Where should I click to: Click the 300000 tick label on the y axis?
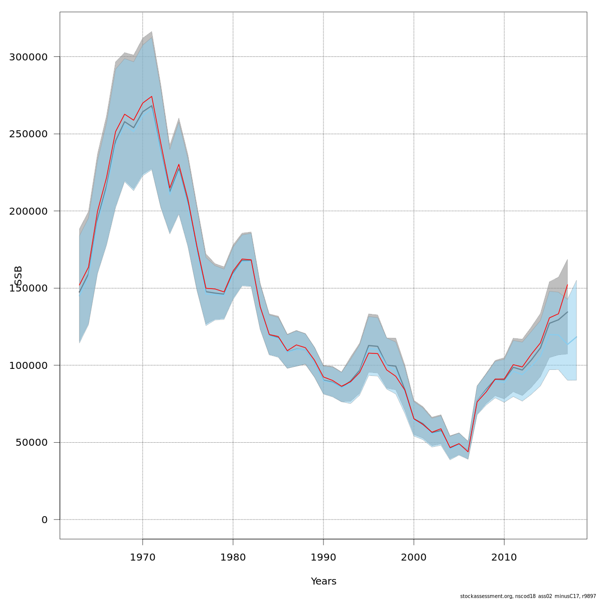pyautogui.click(x=28, y=57)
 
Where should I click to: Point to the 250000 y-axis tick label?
pyautogui.click(x=28, y=134)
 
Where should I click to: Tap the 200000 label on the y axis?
pyautogui.click(x=28, y=211)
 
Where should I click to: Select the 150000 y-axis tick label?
pyautogui.click(x=28, y=289)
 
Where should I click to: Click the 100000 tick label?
pyautogui.click(x=28, y=365)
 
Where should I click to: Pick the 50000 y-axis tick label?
pyautogui.click(x=31, y=443)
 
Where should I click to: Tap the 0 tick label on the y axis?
pyautogui.click(x=44, y=520)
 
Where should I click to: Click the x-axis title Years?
pyautogui.click(x=323, y=582)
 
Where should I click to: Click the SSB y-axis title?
pyautogui.click(x=18, y=276)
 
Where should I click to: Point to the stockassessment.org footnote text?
pyautogui.click(x=529, y=596)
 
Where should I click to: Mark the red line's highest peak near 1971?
pyautogui.click(x=152, y=96)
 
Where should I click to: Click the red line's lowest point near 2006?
pyautogui.click(x=468, y=452)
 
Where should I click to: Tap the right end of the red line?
pyautogui.click(x=568, y=285)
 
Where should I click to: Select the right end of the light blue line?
pyautogui.click(x=577, y=336)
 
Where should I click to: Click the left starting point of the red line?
pyautogui.click(x=79, y=285)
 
